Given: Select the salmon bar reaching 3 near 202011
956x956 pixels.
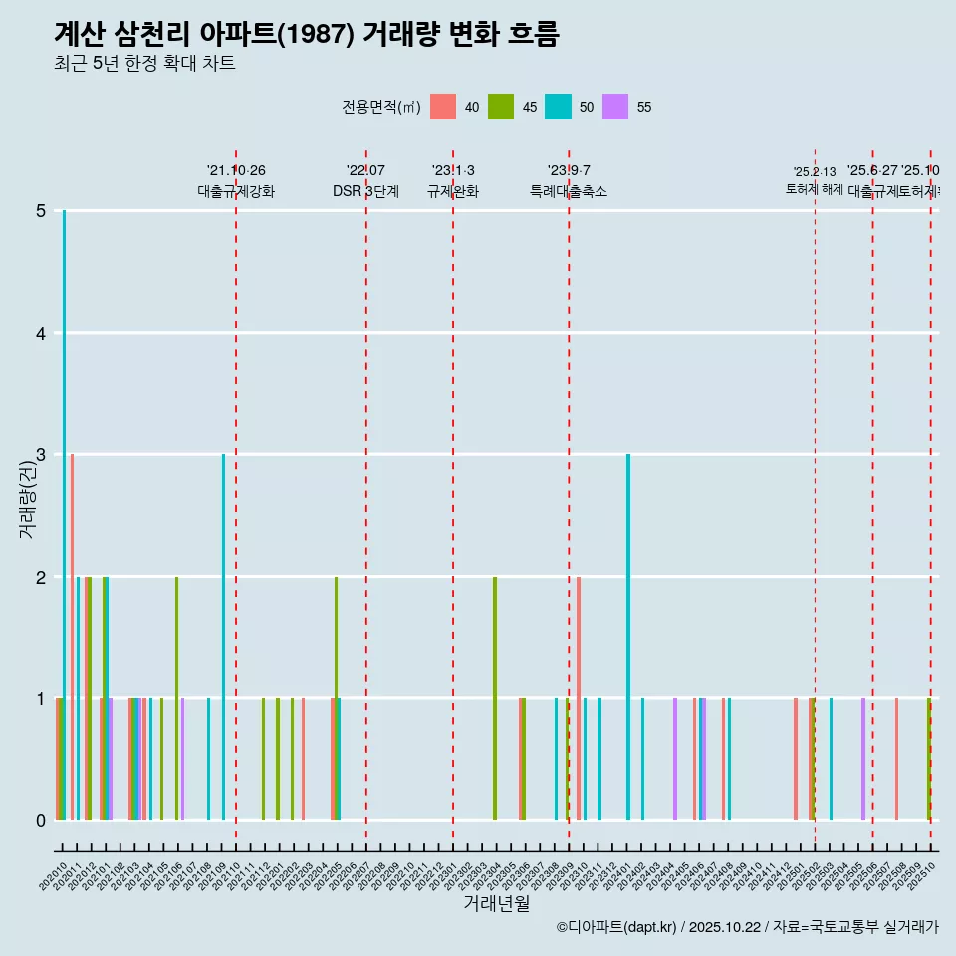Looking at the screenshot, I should pyautogui.click(x=72, y=637).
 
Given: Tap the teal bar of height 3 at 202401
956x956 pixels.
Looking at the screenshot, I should pyautogui.click(x=628, y=637).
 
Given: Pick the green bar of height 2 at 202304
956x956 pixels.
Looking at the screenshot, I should pyautogui.click(x=495, y=698).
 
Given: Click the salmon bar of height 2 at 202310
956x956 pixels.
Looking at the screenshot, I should pyautogui.click(x=579, y=698).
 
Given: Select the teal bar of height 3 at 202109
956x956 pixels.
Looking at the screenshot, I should pyautogui.click(x=223, y=637).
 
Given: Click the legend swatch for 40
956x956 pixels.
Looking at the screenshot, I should pyautogui.click(x=443, y=107).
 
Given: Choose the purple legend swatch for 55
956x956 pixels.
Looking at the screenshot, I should pyautogui.click(x=615, y=107).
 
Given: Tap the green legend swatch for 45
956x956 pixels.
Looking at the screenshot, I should pyautogui.click(x=501, y=107).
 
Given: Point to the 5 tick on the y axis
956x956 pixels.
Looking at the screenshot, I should pyautogui.click(x=41, y=211).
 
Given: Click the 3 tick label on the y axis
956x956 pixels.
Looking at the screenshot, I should pyautogui.click(x=41, y=455).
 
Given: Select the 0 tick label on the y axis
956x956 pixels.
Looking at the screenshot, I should pyautogui.click(x=41, y=821).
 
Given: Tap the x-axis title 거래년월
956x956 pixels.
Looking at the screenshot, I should pyautogui.click(x=496, y=903).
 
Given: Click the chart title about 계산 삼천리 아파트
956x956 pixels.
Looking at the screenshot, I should pyautogui.click(x=306, y=34).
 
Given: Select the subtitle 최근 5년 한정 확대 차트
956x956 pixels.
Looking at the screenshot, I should pyautogui.click(x=144, y=64).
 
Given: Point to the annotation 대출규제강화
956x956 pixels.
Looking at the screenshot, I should pyautogui.click(x=236, y=191).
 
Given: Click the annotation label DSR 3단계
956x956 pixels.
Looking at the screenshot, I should pyautogui.click(x=366, y=191).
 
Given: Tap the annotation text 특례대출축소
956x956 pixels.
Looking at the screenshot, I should pyautogui.click(x=569, y=191).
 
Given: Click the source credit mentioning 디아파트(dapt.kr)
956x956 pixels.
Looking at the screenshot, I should pyautogui.click(x=747, y=927).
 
